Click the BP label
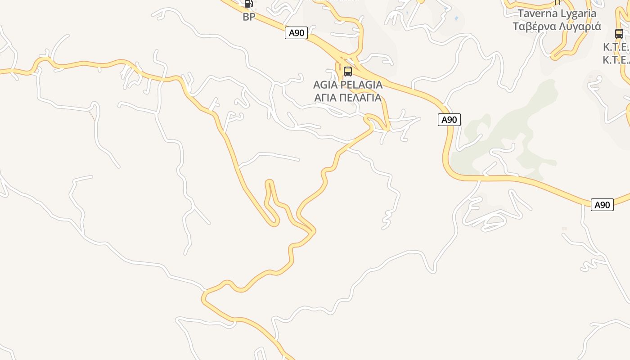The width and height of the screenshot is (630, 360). coord(249,17)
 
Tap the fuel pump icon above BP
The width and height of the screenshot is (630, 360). coord(248,4)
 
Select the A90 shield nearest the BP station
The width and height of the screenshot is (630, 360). coord(296,33)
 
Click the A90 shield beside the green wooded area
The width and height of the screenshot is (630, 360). coord(449,120)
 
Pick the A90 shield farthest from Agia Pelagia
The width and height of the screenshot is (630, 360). coord(602,205)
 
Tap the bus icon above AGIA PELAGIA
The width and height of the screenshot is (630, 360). coord(347,72)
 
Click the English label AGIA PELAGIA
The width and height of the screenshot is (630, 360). coord(348,85)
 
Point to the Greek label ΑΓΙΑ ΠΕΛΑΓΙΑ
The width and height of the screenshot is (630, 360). coord(348,97)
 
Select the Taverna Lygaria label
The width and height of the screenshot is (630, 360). coord(557,13)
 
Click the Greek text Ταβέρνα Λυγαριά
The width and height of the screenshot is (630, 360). coord(557,26)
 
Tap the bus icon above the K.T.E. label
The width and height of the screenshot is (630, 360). coord(619,34)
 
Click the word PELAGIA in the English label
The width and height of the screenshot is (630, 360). coord(361,85)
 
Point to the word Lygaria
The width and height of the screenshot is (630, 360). coord(575,13)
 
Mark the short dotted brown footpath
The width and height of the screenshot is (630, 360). coord(92,115)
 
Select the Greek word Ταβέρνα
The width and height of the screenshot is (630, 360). coord(534,26)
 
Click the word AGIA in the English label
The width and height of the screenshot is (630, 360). coord(325,85)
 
